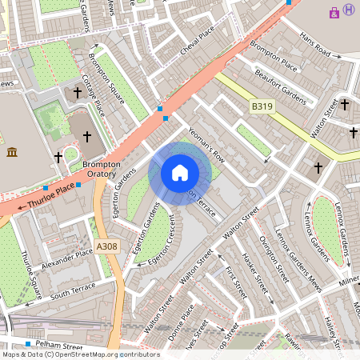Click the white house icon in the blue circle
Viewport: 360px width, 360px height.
180,173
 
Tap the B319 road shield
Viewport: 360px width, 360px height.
261,106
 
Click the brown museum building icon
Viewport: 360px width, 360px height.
12,152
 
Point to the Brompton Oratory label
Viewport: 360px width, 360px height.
102,169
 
